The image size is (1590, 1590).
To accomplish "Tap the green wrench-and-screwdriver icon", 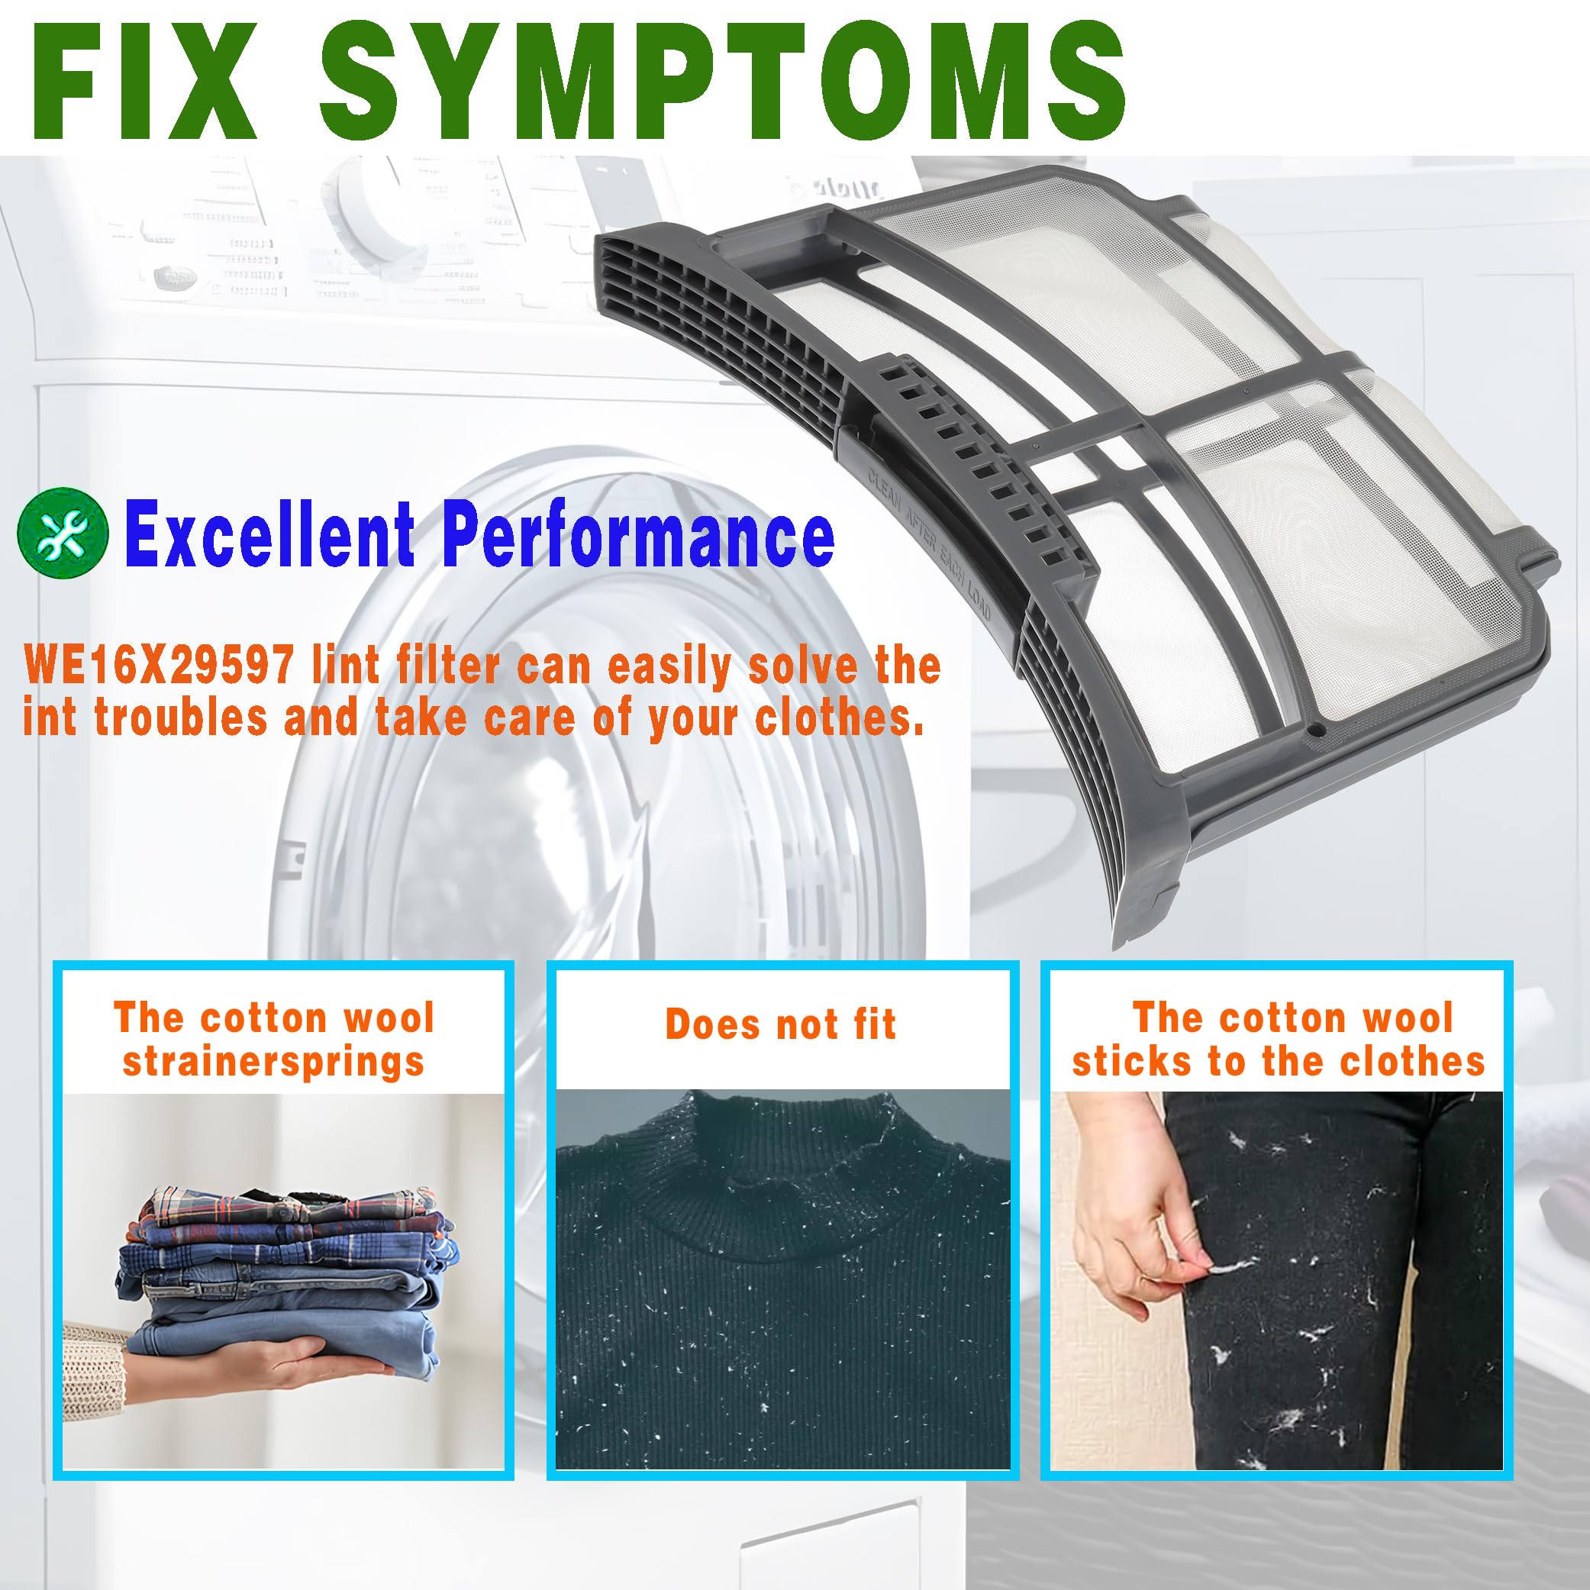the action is tap(63, 535).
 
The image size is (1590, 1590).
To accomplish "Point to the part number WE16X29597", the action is tap(159, 665).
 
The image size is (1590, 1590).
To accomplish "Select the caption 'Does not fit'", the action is tap(780, 1024).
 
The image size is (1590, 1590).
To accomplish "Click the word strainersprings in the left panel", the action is tap(274, 1062).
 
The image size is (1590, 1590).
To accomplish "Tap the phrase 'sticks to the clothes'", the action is tap(1277, 1062).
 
